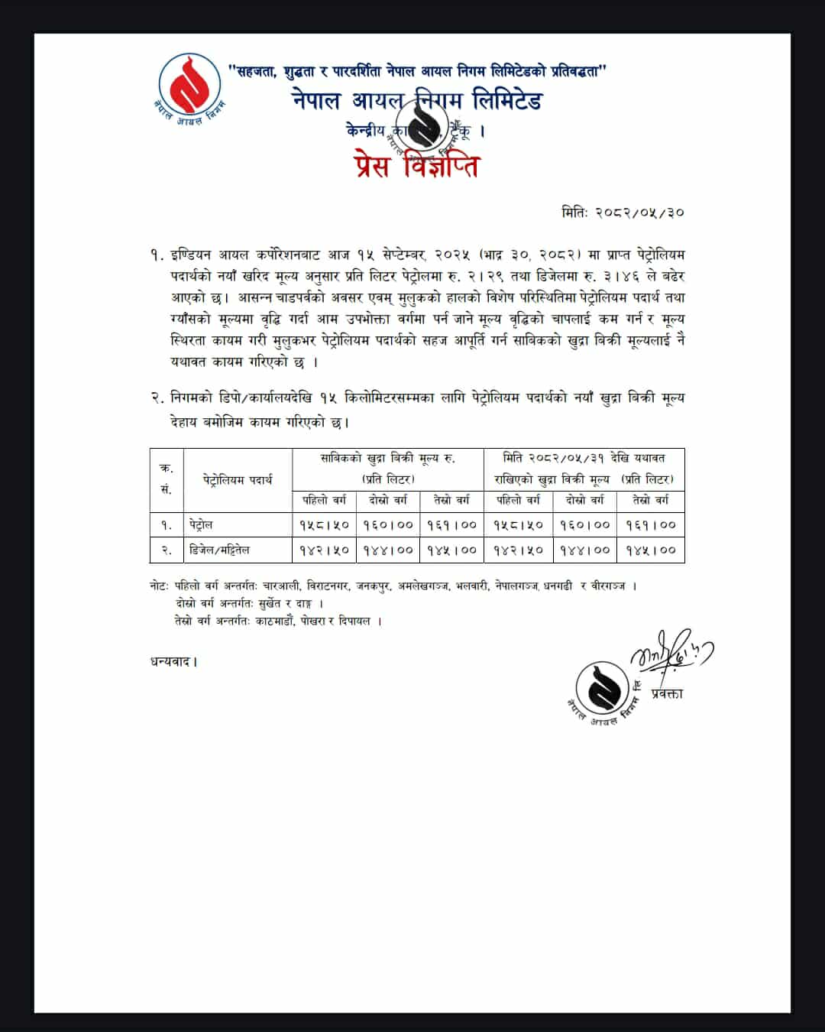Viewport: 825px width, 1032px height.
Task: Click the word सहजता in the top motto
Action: [x=255, y=71]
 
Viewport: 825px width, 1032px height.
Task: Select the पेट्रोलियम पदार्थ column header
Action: [x=238, y=480]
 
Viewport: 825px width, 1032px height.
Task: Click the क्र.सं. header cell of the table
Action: [x=167, y=479]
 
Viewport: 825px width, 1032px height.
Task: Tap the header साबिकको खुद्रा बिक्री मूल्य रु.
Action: [x=387, y=459]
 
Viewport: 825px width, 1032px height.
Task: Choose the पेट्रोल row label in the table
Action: [x=202, y=525]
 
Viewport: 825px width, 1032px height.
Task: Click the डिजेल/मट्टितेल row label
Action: [x=219, y=550]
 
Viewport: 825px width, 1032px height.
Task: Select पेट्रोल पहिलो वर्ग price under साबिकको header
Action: [x=324, y=525]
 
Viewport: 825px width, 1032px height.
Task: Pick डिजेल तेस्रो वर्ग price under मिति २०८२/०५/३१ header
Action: [x=651, y=550]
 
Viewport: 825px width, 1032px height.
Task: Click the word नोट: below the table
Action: [x=160, y=586]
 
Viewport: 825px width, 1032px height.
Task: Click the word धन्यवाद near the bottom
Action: [x=173, y=661]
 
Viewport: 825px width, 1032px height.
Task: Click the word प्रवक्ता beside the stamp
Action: [x=667, y=694]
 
